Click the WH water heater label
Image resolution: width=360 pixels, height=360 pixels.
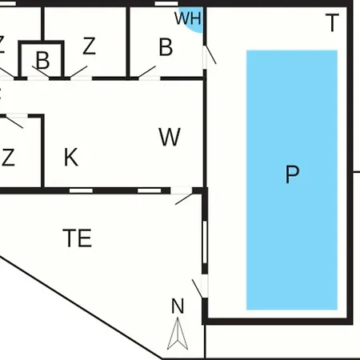point(188,18)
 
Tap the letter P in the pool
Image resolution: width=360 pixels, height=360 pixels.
point(292,174)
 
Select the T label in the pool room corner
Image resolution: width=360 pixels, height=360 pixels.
point(332,22)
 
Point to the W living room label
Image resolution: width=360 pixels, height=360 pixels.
point(170,137)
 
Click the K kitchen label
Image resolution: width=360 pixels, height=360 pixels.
point(71,157)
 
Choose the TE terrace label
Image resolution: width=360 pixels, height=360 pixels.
point(78,238)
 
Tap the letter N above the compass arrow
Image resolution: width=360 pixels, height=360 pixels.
point(178,306)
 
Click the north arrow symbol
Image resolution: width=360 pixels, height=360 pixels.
point(178,334)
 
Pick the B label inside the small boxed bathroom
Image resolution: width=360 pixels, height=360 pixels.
point(42,60)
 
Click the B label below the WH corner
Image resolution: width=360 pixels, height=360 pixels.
point(166,47)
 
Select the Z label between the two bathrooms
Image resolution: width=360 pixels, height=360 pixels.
point(89,46)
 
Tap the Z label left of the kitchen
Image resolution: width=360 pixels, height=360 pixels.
point(8,158)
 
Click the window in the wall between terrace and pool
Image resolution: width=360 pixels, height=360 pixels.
point(205,242)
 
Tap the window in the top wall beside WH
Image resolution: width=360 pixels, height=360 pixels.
point(166,3)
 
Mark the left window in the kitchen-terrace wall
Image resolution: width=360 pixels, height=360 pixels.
point(81,190)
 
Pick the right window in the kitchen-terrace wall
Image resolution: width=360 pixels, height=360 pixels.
point(150,190)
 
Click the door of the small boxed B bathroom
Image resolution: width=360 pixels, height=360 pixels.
point(40,73)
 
